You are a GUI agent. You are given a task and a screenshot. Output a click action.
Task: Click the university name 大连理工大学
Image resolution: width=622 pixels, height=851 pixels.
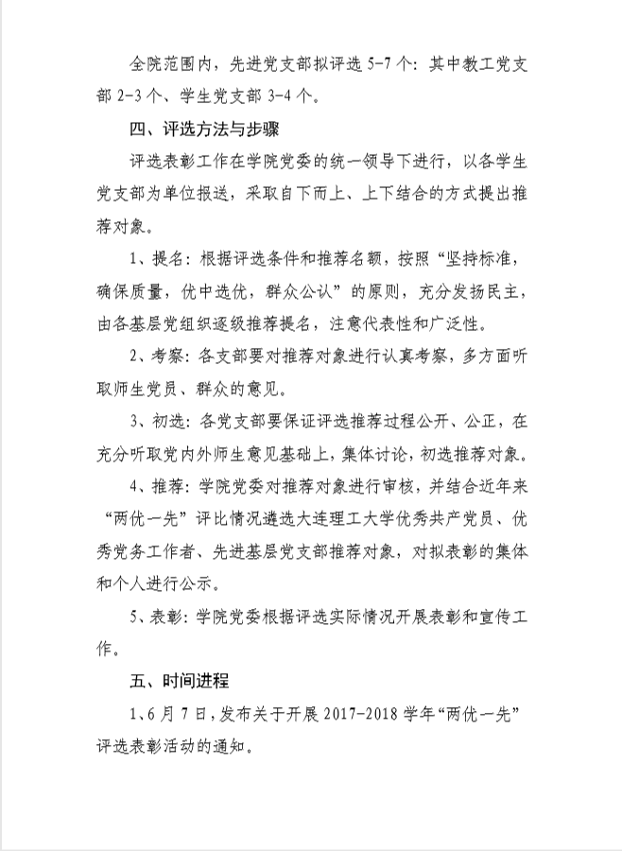click(x=360, y=518)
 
